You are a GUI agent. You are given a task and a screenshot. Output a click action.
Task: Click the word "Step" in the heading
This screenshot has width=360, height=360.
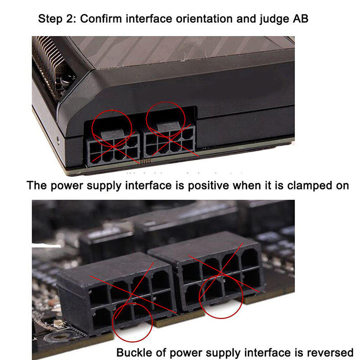click(50, 18)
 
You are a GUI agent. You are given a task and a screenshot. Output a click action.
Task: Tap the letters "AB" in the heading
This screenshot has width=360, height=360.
click(300, 18)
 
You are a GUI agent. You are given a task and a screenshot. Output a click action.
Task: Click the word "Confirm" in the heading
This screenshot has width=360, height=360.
click(101, 18)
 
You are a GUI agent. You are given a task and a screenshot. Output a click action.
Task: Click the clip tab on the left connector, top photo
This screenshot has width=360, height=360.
click(112, 134)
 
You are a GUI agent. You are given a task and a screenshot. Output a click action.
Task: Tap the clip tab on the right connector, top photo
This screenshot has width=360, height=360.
click(168, 126)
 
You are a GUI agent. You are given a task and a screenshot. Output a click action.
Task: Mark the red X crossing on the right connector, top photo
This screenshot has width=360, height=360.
click(171, 139)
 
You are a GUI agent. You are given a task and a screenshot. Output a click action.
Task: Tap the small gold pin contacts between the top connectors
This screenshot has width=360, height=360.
click(145, 161)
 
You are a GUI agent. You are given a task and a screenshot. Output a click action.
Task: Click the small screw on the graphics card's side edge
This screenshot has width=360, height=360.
click(58, 139)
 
